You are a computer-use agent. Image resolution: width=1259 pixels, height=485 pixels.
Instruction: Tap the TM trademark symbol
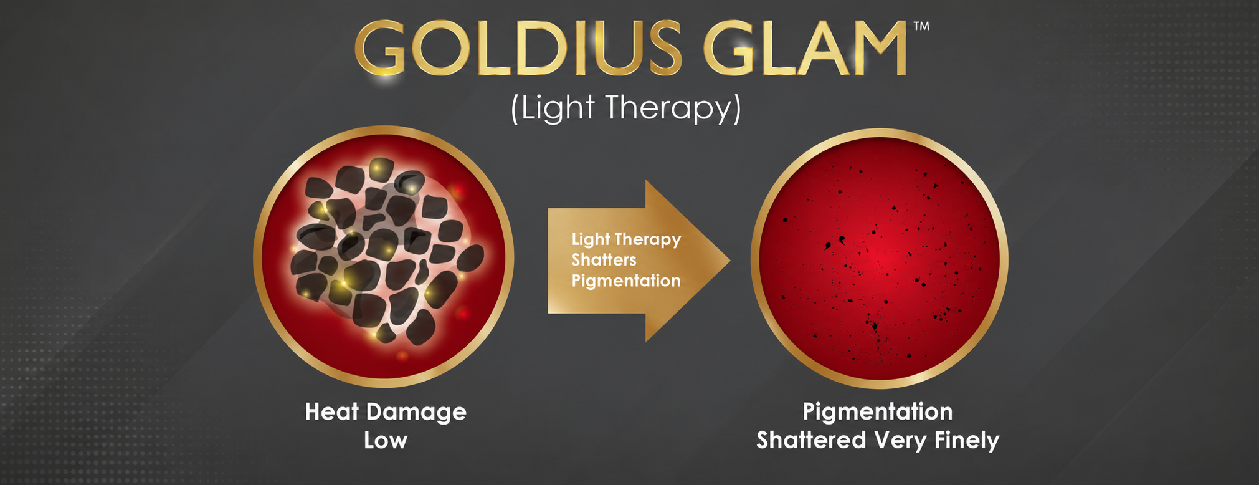921,26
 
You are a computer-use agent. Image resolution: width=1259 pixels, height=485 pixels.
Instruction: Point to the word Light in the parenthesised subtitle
558,107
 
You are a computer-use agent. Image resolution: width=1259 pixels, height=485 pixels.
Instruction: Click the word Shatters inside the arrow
604,260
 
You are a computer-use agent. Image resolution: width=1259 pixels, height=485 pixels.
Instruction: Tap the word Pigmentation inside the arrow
626,281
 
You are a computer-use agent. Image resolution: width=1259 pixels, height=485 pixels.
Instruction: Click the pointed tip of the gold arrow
729,261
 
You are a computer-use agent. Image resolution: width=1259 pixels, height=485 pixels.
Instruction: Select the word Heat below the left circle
331,412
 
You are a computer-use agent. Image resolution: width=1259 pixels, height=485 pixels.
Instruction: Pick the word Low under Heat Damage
386,441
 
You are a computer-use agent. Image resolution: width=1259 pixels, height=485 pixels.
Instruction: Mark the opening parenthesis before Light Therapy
515,109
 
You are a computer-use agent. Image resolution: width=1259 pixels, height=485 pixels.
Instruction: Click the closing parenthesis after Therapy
737,109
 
